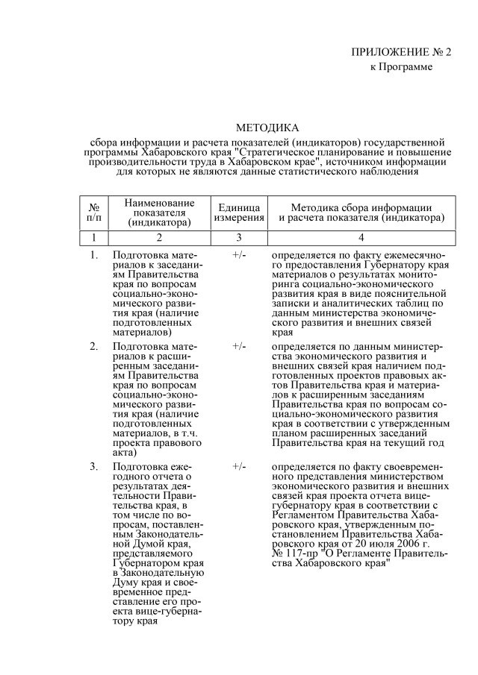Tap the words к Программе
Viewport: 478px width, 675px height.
point(402,67)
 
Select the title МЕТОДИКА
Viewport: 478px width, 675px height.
point(267,128)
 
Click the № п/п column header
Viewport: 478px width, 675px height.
point(94,211)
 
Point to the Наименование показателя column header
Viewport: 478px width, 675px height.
point(159,212)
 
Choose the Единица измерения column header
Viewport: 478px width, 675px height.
point(239,212)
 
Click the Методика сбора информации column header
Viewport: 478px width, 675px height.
point(361,212)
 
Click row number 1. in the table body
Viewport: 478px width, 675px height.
point(94,256)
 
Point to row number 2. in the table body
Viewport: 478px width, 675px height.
point(94,347)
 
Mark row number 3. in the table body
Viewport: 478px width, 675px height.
point(94,466)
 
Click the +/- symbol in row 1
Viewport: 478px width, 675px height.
point(239,256)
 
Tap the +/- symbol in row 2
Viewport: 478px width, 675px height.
point(239,347)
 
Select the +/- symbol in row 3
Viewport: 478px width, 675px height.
point(239,466)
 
